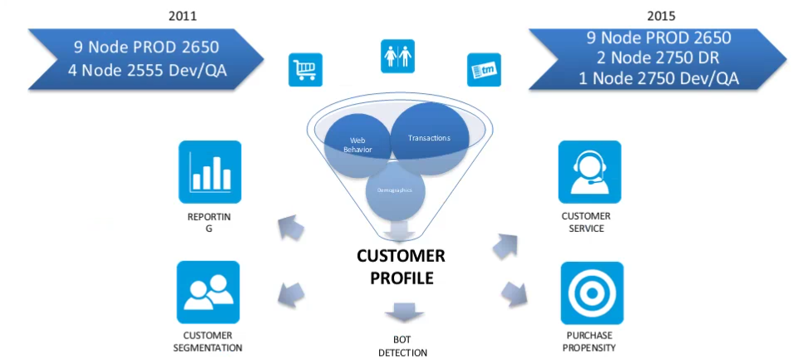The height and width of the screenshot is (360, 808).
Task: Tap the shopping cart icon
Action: coord(304,71)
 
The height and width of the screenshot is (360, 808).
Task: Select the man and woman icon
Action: coord(397,56)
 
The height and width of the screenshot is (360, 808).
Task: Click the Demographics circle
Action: coord(397,190)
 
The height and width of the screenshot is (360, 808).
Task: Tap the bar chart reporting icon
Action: coord(209,171)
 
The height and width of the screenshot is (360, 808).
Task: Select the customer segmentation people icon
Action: coord(208,292)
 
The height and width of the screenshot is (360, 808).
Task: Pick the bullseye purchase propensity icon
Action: coord(592,292)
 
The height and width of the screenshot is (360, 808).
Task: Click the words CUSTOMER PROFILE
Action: coord(402,266)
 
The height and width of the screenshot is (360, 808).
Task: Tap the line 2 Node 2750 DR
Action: coord(658,58)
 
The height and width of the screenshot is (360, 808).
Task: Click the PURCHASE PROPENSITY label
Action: coord(591,342)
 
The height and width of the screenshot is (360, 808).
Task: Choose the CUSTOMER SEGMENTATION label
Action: coord(208,342)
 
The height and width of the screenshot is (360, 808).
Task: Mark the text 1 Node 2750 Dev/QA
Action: coord(658,79)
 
